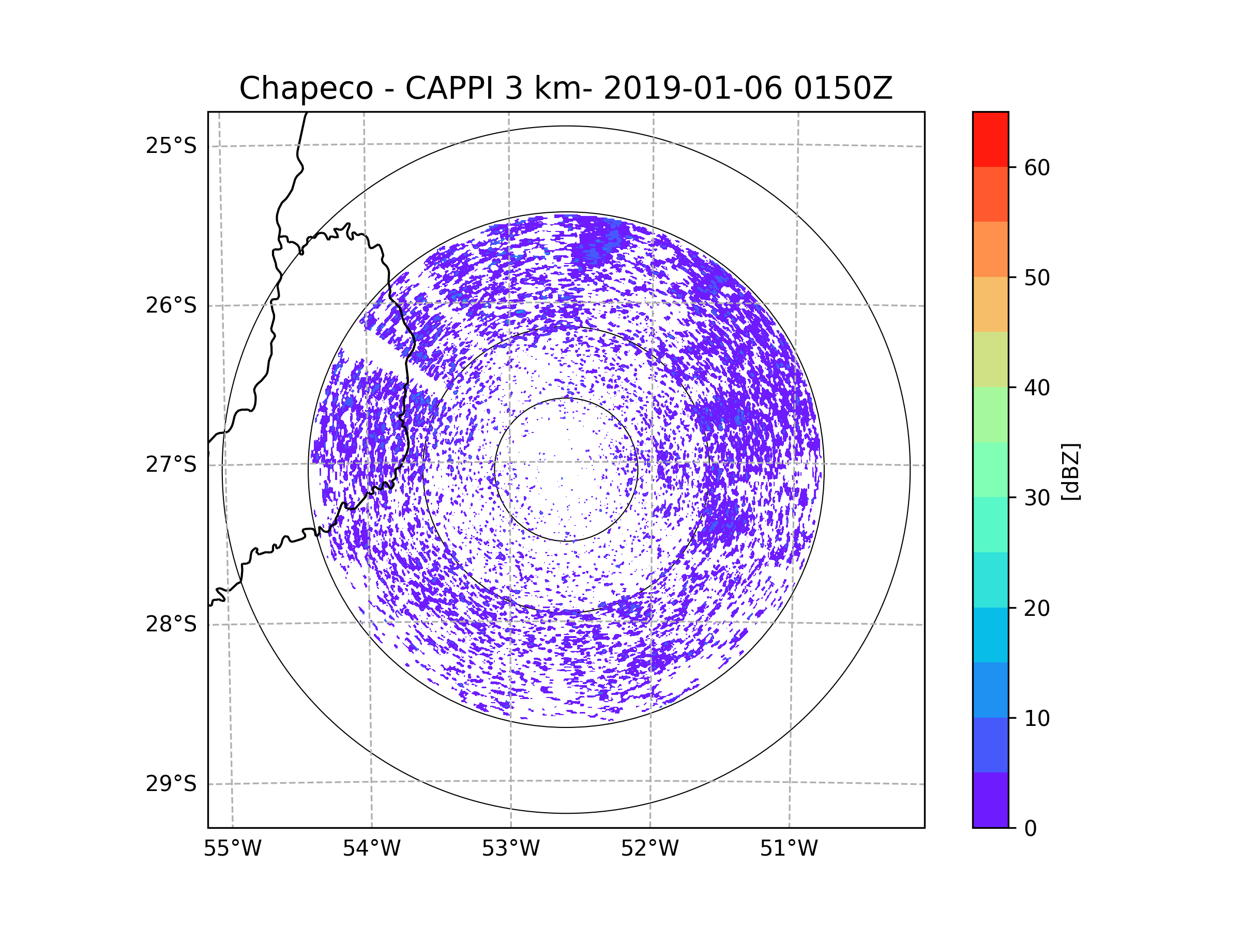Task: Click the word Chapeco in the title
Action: tap(306, 88)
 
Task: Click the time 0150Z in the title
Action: tap(843, 88)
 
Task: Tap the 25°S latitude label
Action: tap(171, 146)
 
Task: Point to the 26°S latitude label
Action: tap(171, 305)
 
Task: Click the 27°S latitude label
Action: tap(171, 464)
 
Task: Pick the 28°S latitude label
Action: tap(171, 624)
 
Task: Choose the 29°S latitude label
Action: tap(171, 784)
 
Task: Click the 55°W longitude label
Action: tap(232, 849)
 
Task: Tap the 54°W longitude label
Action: tap(371, 849)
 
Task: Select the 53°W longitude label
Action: tap(510, 849)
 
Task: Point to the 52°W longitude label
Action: tap(649, 849)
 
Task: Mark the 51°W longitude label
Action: tap(789, 849)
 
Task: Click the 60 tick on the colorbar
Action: tap(1037, 167)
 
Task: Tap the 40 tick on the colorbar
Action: tap(1037, 388)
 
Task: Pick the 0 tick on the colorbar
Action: tap(1031, 829)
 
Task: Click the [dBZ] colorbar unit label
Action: tap(1070, 471)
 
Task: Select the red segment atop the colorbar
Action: tap(990, 139)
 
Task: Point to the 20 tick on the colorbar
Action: tap(1037, 608)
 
